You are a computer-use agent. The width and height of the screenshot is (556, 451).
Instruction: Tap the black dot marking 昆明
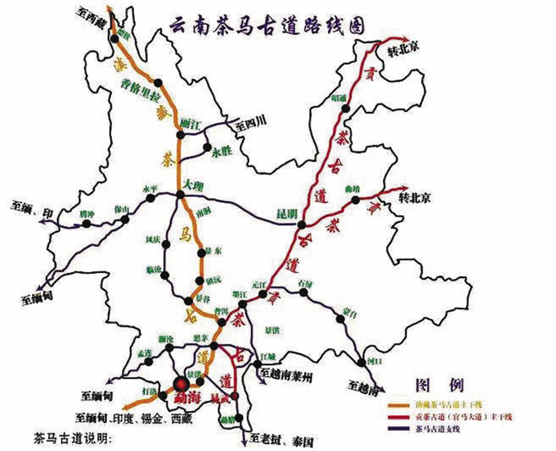coord(302,225)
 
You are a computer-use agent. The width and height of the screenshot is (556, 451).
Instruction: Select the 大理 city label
coord(194,184)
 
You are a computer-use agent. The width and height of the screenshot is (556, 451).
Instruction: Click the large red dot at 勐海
coord(181,385)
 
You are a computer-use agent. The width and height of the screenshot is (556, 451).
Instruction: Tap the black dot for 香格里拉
coord(158,83)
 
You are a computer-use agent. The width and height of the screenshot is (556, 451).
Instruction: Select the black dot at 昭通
coord(346,108)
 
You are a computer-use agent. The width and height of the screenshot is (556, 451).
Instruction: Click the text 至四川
coord(251,124)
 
